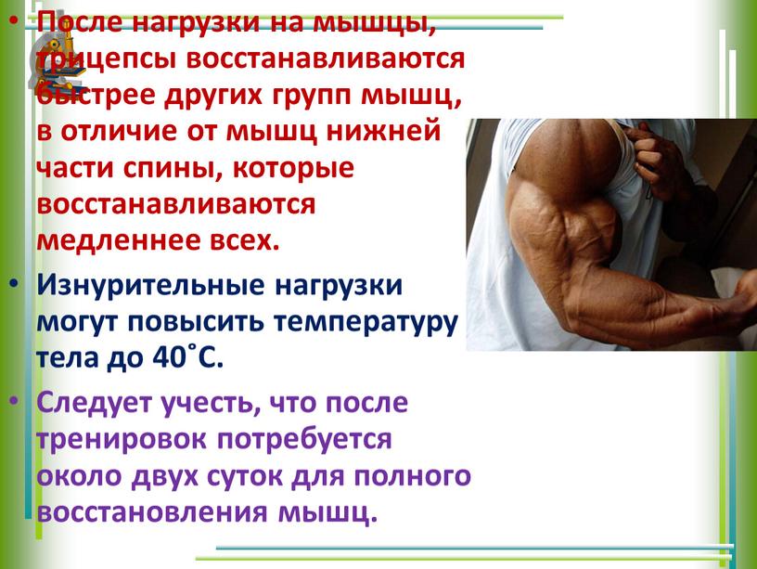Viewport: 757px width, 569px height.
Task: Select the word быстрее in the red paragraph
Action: [x=96, y=94]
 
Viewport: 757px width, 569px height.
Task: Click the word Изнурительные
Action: [x=150, y=284]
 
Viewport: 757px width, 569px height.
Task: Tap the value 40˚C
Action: [x=188, y=357]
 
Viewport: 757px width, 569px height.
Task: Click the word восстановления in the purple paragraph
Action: [x=152, y=512]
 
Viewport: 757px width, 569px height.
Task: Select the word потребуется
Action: [x=304, y=440]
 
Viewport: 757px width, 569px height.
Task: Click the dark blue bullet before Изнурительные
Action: [x=15, y=283]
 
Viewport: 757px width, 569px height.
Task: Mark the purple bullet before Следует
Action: [x=15, y=401]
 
